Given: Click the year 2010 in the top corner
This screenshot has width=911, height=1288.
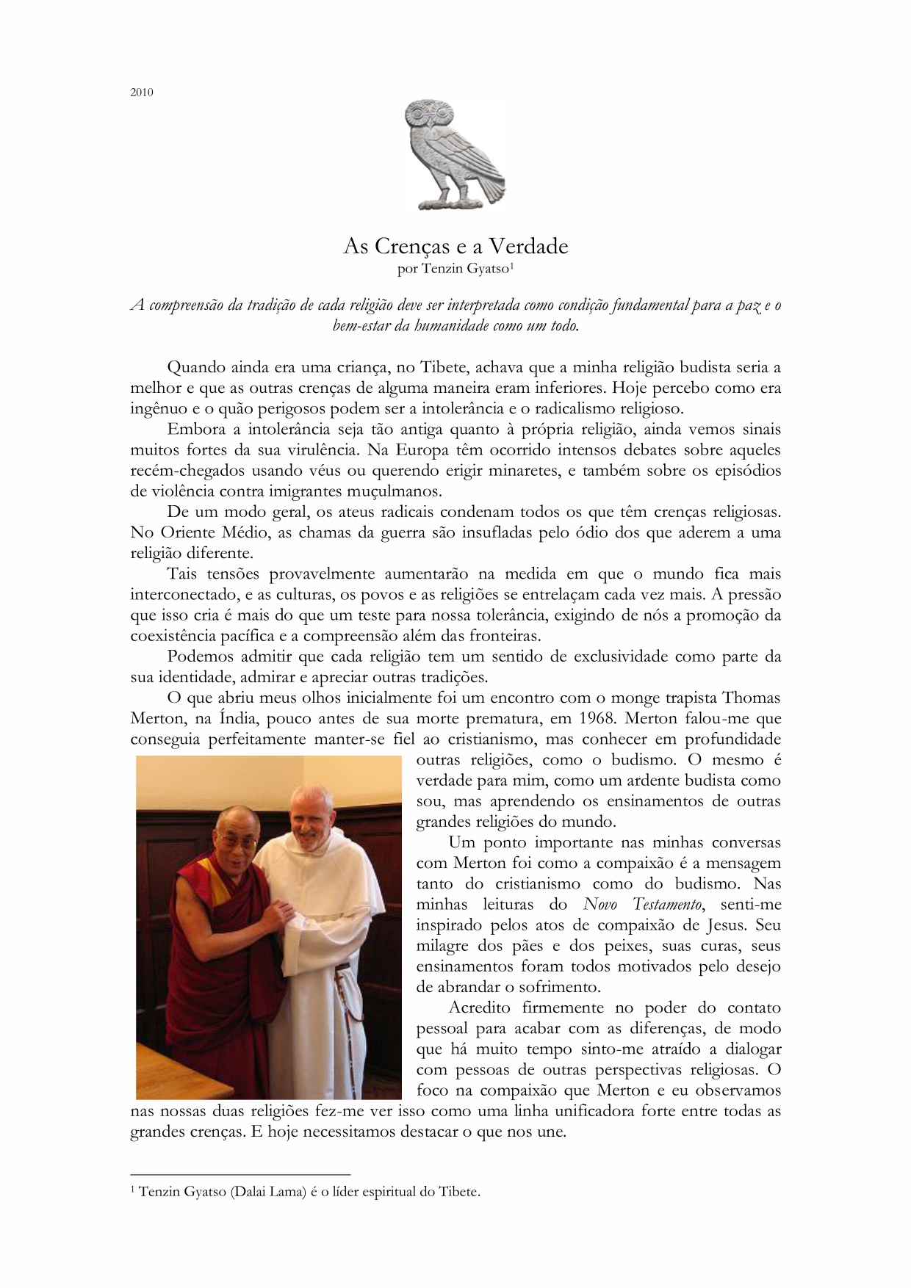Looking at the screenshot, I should coord(142,93).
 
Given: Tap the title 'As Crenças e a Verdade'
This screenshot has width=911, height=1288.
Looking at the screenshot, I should coord(455,246).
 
